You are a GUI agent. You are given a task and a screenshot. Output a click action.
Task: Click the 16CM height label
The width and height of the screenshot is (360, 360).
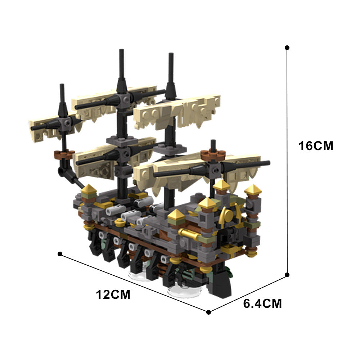click(316, 146)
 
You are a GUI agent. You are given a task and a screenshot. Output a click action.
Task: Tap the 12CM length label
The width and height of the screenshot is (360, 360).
click(113, 294)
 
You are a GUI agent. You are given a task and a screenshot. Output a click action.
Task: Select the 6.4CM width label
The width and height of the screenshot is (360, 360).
click(262, 303)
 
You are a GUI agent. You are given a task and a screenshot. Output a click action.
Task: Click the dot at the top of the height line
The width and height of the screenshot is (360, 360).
click(287, 48)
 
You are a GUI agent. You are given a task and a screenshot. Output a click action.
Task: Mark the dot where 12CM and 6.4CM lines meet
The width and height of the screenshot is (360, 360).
click(208, 312)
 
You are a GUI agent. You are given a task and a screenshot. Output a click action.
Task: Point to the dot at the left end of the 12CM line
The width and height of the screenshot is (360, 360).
click(60, 254)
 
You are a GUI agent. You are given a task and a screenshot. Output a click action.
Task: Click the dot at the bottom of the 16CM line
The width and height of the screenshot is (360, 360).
click(287, 275)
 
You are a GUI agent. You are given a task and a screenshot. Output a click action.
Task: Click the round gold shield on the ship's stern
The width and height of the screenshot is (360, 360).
click(228, 216)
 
